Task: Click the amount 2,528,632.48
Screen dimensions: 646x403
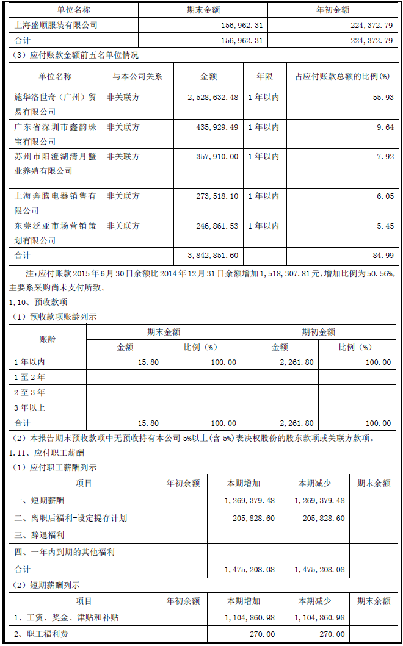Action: pyautogui.click(x=211, y=98)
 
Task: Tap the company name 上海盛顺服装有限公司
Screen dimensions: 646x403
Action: pyautogui.click(x=56, y=26)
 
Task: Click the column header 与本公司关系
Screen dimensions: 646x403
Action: pyautogui.click(x=137, y=77)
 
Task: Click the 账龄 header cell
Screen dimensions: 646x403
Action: pyautogui.click(x=48, y=339)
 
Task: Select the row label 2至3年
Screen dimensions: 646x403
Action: pyautogui.click(x=30, y=392)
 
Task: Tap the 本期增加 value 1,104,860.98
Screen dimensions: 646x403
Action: pyautogui.click(x=245, y=618)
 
